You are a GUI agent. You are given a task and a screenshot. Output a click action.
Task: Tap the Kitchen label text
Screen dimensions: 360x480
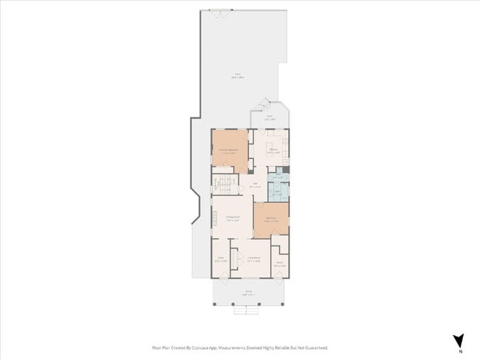tap(272, 150)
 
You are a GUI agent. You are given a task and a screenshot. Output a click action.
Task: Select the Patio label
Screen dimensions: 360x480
tap(238, 75)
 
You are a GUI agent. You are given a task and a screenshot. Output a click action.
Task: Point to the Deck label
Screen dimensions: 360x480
tap(270, 117)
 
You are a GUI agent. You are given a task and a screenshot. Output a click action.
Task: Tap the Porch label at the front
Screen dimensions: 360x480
tap(248, 291)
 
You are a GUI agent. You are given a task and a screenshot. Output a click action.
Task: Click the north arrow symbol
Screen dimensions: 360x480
tap(458, 340)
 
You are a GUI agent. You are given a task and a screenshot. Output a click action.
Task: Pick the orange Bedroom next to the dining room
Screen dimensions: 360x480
tap(271, 219)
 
